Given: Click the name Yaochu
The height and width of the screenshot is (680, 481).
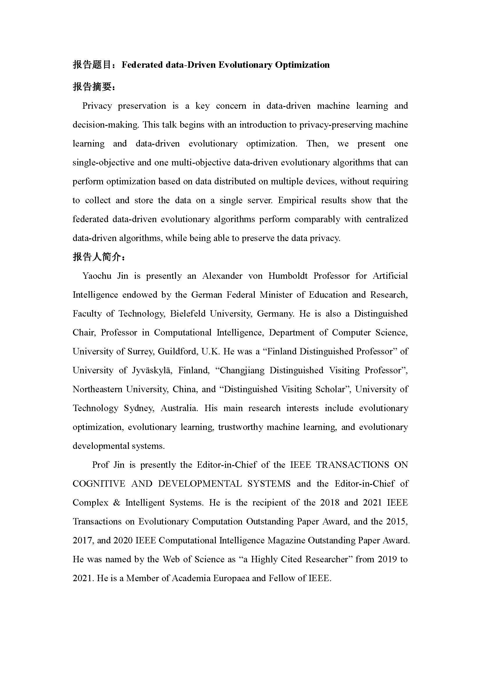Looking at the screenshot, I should tap(97, 276).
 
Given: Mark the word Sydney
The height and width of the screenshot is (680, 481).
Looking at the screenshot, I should tap(139, 408).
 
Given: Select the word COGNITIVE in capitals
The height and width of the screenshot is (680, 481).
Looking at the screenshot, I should tap(99, 484).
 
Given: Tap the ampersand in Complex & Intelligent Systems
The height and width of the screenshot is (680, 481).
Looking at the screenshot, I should tap(117, 503).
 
